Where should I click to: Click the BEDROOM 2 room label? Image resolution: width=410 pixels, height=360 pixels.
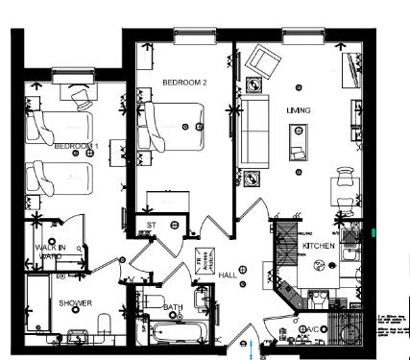pos(184,83)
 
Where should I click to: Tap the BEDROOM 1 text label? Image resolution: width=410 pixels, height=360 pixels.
pos(76,146)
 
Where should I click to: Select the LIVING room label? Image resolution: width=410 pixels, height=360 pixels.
pos(299,110)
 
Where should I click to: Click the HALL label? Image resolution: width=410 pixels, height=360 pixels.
pos(228,276)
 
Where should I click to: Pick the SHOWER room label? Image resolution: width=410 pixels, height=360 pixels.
pos(75,302)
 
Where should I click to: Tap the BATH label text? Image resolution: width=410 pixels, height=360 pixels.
pos(174,308)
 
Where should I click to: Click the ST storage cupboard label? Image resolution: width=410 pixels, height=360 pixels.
pos(151,227)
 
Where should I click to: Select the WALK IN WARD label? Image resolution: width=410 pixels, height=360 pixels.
pos(50,252)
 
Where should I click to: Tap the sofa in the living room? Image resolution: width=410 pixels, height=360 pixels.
pos(254,130)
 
